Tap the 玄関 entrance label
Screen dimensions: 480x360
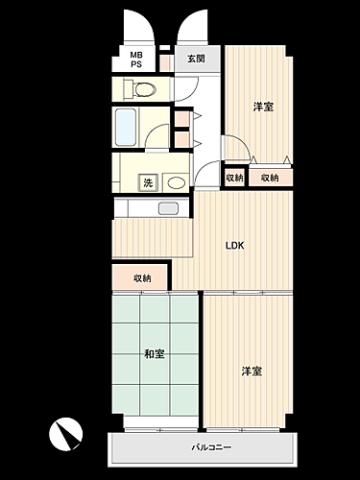[197, 59]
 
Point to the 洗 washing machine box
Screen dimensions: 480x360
[148, 181]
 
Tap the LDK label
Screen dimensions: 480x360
[235, 245]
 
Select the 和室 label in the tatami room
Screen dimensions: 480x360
[154, 354]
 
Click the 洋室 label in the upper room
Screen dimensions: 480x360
[264, 107]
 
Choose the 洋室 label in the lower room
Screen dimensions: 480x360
[252, 371]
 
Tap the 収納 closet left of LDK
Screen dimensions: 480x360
[142, 277]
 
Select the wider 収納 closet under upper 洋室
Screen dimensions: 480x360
[270, 178]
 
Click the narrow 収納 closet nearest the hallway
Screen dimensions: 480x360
[234, 178]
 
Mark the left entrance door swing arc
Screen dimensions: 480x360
[137, 24]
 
